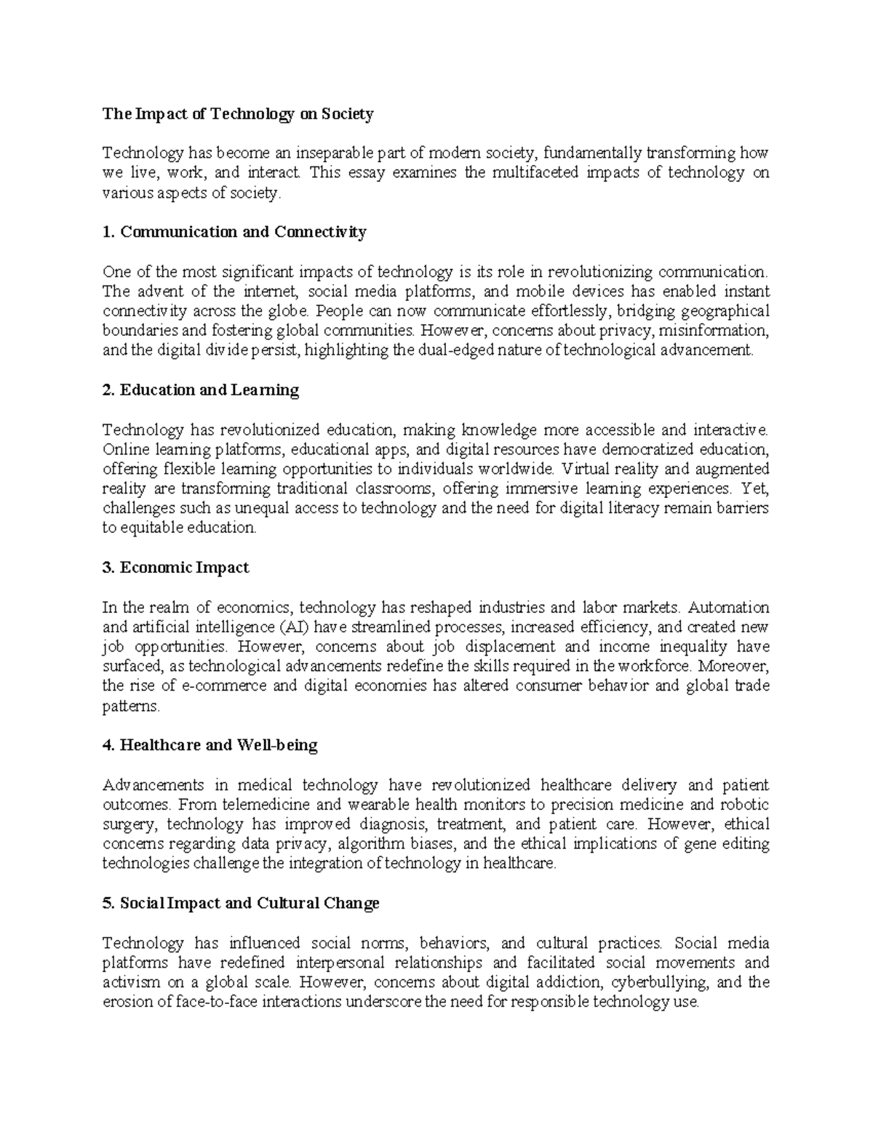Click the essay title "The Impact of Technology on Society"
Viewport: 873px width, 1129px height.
(238, 113)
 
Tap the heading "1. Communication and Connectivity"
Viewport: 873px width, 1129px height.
(234, 232)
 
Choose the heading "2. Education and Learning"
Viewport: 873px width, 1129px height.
(201, 390)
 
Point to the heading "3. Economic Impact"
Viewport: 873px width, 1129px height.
(176, 567)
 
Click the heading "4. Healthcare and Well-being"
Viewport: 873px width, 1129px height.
(210, 745)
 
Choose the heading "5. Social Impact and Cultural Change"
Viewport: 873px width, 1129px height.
(241, 903)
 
